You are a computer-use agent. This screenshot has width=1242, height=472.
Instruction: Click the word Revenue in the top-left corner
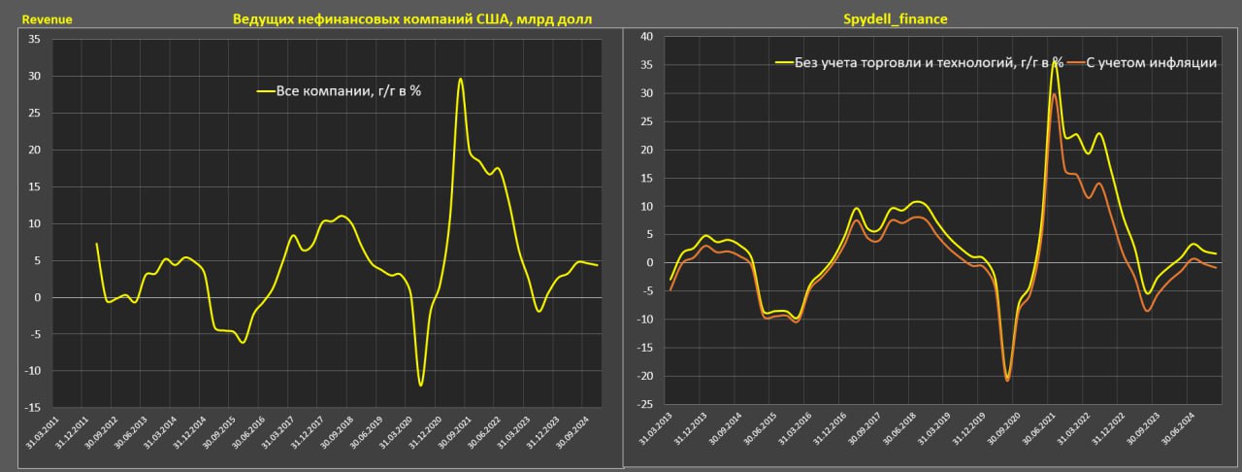pos(47,19)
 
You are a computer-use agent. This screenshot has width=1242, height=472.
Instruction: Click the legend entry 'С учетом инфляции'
pos(1149,62)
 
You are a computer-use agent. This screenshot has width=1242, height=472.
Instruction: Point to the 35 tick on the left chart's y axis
pos(34,40)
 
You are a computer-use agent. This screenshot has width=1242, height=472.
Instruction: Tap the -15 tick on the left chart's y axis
pos(32,409)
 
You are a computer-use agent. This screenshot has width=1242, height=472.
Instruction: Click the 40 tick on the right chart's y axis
pos(646,36)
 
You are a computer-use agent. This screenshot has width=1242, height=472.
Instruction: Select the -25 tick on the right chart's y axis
pos(644,404)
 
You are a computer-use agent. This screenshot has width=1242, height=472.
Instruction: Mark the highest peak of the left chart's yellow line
pos(460,79)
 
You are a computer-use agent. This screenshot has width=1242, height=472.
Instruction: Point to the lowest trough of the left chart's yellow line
pos(421,386)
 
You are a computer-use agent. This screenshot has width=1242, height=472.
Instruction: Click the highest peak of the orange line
pos(1054,94)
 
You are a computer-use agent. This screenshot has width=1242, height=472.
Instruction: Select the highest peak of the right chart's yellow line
pos(1055,61)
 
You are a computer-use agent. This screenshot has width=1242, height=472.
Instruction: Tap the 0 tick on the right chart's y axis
pos(649,262)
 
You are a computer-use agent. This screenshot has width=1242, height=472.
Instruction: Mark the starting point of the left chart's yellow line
pos(97,244)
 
